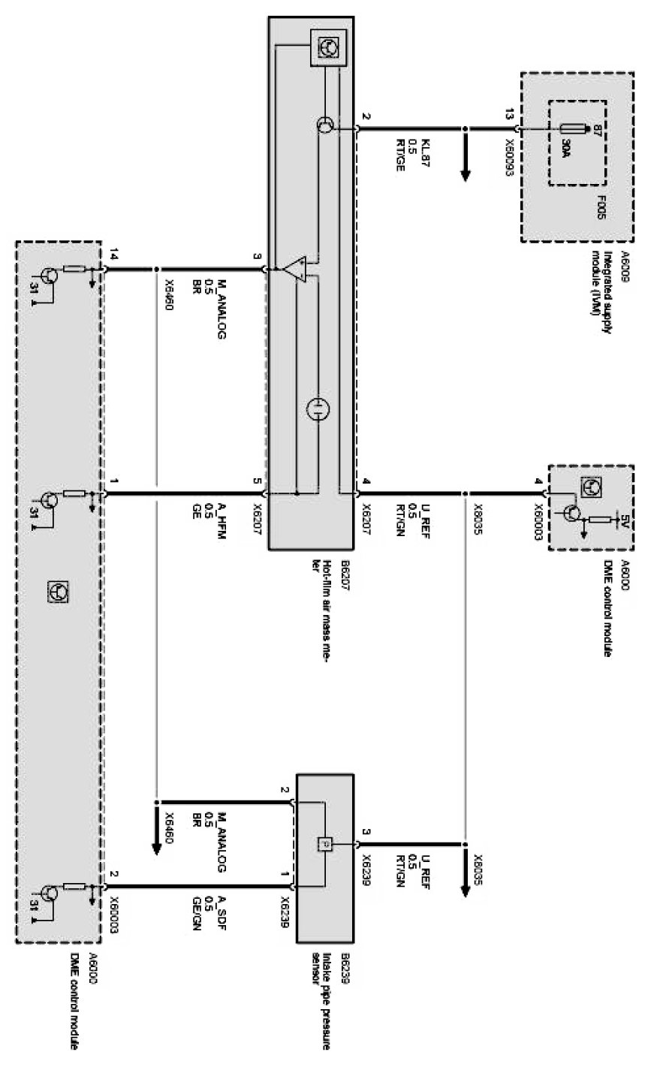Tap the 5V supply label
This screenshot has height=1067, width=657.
click(x=622, y=518)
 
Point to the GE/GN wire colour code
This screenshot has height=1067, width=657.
click(x=197, y=910)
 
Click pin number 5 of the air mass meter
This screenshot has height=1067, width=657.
click(x=257, y=481)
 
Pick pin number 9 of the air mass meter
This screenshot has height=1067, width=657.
click(x=257, y=256)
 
